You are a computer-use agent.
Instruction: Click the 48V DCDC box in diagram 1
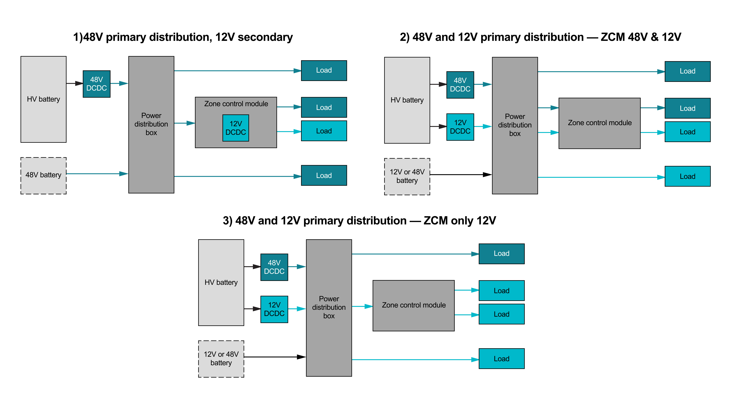coord(97,84)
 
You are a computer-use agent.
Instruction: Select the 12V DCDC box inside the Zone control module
coord(236,128)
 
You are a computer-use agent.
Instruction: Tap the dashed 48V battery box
coord(44,175)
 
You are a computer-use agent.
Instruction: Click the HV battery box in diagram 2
coord(407,100)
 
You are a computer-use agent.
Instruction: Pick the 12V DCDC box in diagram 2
coord(460,127)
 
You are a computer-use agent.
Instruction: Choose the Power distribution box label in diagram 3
coord(329,307)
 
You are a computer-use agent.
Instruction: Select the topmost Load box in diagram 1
coord(324,70)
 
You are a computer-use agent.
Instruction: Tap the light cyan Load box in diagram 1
coord(324,131)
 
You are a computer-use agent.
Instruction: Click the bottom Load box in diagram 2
coord(687,176)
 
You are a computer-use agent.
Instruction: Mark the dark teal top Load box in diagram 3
coord(502,254)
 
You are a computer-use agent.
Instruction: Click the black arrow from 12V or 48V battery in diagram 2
coord(460,174)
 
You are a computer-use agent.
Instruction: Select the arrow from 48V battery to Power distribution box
coord(97,173)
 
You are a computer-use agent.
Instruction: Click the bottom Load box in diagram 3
coord(502,359)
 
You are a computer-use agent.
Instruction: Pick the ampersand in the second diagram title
coord(654,37)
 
